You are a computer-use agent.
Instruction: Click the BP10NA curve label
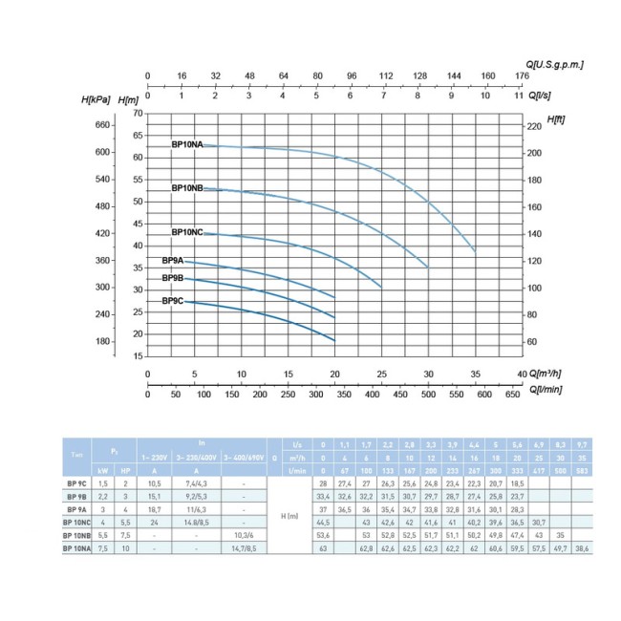[187, 144]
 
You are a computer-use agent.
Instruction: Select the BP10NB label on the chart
[187, 188]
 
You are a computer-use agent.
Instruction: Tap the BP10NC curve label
[187, 232]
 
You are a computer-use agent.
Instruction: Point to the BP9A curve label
[173, 261]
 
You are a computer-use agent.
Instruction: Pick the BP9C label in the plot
[173, 301]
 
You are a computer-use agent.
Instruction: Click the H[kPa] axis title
[99, 98]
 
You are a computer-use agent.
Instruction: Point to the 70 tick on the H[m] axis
[137, 113]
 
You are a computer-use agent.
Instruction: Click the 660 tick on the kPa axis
[103, 125]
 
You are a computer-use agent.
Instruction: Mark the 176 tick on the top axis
[521, 78]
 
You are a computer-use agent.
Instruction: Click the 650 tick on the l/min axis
[512, 393]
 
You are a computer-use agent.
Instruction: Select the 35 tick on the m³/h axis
[475, 374]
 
